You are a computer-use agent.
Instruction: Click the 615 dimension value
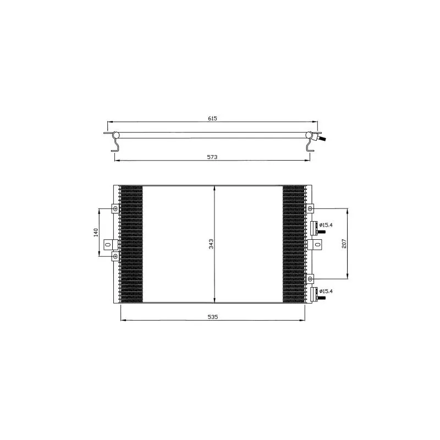click(212, 118)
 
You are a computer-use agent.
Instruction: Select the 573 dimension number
click(212, 157)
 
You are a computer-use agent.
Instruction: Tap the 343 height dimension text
click(211, 244)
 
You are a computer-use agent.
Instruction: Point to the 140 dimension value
click(96, 233)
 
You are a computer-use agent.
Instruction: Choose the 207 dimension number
click(344, 244)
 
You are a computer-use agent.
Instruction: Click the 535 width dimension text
click(213, 317)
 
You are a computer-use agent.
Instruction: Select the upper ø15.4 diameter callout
click(326, 225)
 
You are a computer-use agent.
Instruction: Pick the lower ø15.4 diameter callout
click(326, 291)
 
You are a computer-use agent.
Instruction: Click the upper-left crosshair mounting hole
click(116, 208)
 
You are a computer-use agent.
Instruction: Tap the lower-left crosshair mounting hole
click(116, 256)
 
